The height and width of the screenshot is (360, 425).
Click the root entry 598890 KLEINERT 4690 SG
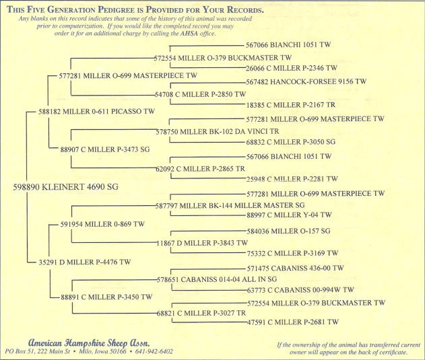(65, 187)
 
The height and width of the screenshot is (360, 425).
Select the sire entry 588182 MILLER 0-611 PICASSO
(96, 112)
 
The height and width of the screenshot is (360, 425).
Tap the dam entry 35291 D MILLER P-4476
(85, 262)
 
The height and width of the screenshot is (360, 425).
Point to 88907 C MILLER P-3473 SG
(105, 149)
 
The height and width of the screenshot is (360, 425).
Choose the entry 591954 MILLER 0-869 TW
(102, 224)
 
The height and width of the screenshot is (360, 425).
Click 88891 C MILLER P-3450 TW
(106, 297)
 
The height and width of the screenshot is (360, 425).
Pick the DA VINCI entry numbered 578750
(218, 132)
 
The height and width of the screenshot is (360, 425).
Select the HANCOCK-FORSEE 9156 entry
(306, 81)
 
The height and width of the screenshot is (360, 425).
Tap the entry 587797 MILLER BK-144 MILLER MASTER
(230, 206)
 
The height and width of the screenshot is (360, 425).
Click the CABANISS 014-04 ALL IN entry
(217, 279)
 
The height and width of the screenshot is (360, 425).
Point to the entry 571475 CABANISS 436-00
(295, 268)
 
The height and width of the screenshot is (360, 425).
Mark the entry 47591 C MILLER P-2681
(293, 322)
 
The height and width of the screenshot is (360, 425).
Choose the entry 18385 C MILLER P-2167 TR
(290, 105)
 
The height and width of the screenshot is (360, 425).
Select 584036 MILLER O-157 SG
(289, 231)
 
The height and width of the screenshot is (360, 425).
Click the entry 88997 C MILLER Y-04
(289, 215)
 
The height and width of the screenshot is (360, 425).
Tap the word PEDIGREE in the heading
(116, 9)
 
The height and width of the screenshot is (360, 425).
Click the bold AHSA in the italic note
(189, 34)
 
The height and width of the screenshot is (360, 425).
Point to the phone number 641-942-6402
(154, 352)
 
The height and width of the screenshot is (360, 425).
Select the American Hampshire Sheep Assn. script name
(89, 343)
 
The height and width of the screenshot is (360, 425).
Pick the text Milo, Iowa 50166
(102, 352)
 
